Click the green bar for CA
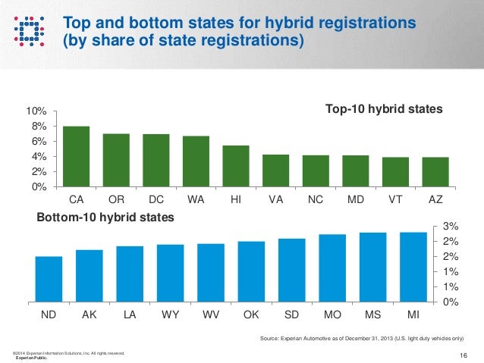(x=76, y=156)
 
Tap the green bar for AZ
(x=435, y=172)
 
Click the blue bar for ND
(x=49, y=279)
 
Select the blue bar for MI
(x=412, y=267)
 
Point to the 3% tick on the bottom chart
(x=449, y=227)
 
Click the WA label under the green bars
(x=195, y=200)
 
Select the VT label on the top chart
(x=395, y=200)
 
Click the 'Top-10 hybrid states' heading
(x=383, y=111)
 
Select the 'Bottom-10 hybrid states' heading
(x=105, y=218)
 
